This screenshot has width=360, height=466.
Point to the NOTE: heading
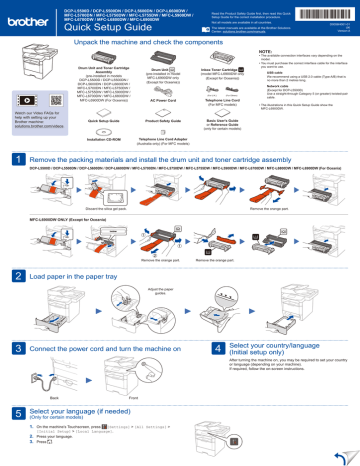pos(274,65)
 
